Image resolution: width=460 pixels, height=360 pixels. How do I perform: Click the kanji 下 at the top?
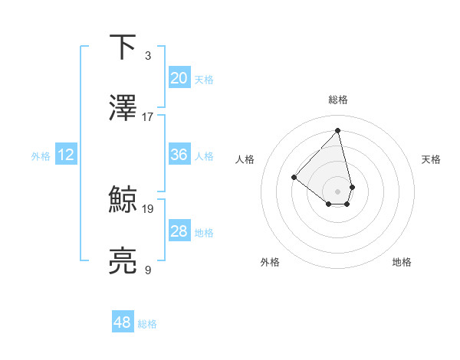pos(123,47)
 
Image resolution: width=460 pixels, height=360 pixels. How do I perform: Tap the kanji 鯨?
pos(123,200)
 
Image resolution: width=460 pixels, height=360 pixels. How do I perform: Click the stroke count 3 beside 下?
pos(147,56)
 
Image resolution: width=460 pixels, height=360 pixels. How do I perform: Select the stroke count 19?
pos(148,208)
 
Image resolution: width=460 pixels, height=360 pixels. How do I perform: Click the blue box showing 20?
pos(179,78)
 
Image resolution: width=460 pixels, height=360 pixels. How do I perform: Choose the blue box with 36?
pos(179,155)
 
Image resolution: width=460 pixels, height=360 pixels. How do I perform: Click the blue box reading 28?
pos(179,231)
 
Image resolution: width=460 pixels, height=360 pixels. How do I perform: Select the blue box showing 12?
pos(66,155)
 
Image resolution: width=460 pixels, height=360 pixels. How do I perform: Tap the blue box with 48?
pos(123,323)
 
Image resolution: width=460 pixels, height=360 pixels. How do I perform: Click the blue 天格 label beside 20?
pos(203,80)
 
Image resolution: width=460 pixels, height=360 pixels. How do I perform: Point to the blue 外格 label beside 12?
pos(41,156)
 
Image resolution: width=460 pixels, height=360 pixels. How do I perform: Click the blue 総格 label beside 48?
pos(147,325)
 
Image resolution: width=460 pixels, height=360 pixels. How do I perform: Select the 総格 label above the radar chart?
pos(337,100)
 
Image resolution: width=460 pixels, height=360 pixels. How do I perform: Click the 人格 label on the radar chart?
pos(245,159)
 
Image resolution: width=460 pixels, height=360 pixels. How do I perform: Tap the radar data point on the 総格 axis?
pos(337,130)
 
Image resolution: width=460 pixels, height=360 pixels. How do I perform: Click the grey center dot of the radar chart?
pos(337,191)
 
